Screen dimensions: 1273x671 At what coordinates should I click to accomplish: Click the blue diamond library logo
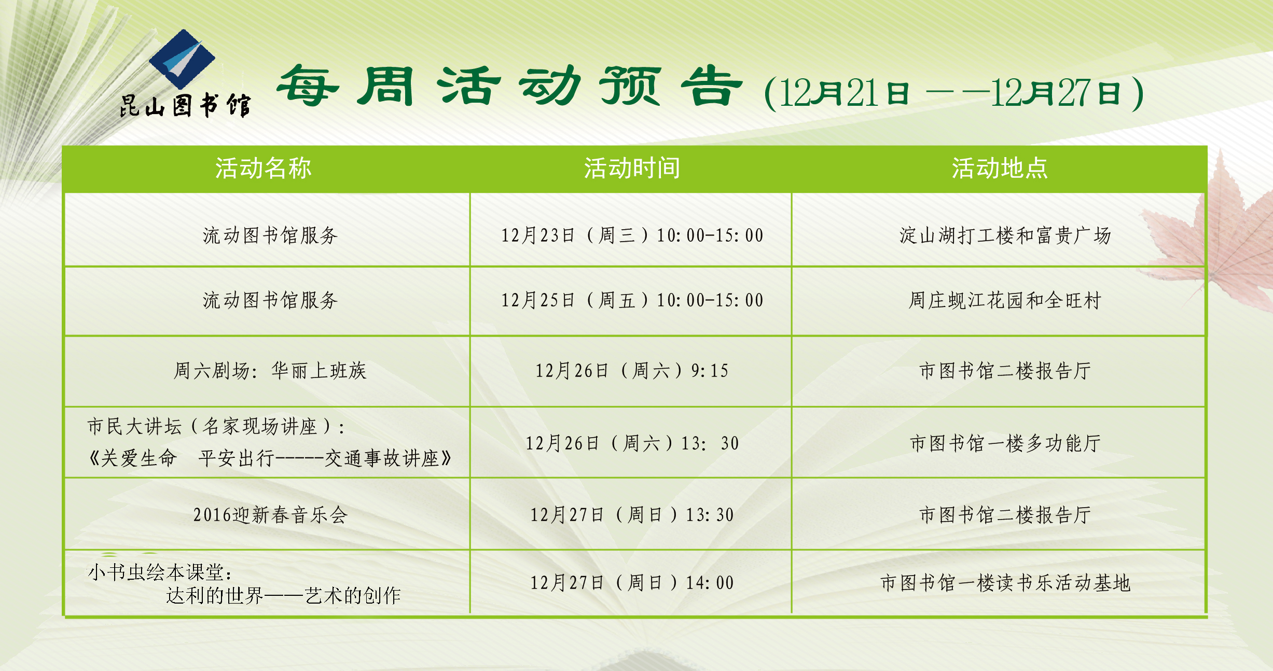pos(182,59)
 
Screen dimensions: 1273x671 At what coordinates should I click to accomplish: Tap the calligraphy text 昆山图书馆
pos(185,106)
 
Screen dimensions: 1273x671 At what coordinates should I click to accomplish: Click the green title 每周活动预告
pos(509,86)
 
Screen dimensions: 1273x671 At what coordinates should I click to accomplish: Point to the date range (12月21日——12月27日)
pos(953,93)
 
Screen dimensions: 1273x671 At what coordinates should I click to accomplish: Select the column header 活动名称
pos(264,168)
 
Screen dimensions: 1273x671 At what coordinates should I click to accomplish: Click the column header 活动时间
pos(632,168)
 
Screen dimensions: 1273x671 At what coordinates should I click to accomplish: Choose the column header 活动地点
pos(1000,168)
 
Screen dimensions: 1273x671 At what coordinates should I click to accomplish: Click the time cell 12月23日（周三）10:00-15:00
pos(632,235)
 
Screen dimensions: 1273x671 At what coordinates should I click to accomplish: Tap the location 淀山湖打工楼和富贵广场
pos(1005,235)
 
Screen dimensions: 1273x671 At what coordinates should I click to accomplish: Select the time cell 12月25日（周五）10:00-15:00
pos(632,300)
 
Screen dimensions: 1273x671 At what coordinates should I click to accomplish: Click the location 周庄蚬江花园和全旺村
pos(1005,300)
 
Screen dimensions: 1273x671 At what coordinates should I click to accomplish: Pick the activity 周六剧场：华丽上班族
pos(270,371)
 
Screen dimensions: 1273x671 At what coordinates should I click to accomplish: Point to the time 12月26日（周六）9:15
pos(632,371)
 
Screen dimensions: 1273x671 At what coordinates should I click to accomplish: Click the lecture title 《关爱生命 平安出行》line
pos(270,458)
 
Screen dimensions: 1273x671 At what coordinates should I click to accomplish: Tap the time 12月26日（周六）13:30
pos(632,443)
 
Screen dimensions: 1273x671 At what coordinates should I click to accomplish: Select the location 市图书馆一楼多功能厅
pos(1005,443)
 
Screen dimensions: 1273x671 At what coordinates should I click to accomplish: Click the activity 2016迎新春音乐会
pos(270,515)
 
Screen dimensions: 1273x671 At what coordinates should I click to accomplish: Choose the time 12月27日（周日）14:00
pos(632,583)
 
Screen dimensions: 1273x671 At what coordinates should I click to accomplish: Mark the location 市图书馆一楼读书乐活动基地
pos(1005,583)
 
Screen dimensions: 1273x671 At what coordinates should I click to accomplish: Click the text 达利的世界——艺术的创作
pos(283,596)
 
